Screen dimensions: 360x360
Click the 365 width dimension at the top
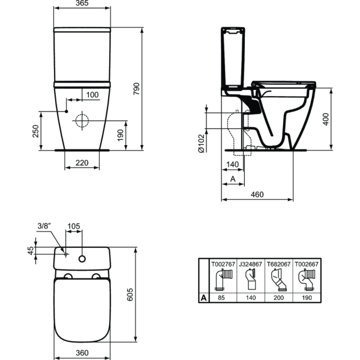pyautogui.click(x=83, y=4)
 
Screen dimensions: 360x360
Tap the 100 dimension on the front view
pyautogui.click(x=92, y=95)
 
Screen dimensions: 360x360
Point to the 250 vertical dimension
pyautogui.click(x=35, y=130)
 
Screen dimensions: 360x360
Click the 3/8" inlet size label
pyautogui.click(x=44, y=226)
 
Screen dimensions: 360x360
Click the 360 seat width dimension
pyautogui.click(x=83, y=352)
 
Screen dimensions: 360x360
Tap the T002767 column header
pyautogui.click(x=220, y=263)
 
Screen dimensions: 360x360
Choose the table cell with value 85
pyautogui.click(x=220, y=297)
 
